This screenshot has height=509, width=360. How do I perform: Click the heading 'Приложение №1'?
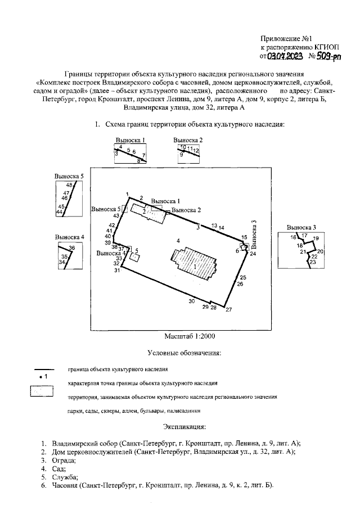click(x=287, y=38)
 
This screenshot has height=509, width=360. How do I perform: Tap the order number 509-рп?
click(x=326, y=56)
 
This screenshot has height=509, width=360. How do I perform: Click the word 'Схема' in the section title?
click(x=118, y=124)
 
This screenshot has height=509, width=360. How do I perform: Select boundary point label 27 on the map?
click(x=228, y=310)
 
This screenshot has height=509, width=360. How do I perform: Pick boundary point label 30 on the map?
click(x=191, y=302)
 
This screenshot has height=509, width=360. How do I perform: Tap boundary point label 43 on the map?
click(x=116, y=215)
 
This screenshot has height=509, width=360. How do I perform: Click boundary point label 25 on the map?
click(x=242, y=278)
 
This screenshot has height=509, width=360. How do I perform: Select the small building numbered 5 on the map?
click(x=134, y=257)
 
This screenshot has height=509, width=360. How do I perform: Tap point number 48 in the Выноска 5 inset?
click(x=69, y=185)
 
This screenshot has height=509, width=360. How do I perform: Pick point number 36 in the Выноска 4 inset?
click(x=71, y=248)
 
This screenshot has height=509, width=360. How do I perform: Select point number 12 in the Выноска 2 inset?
click(x=196, y=151)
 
